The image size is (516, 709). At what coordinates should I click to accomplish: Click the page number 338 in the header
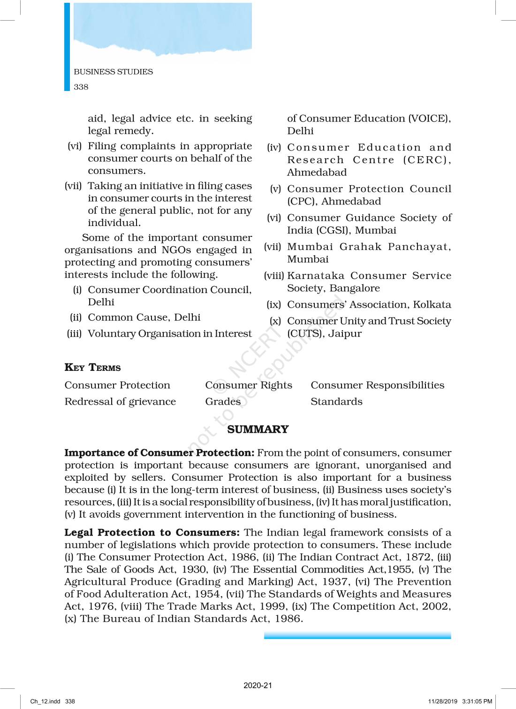tap(81, 87)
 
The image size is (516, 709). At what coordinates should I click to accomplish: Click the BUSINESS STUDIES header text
tap(113, 72)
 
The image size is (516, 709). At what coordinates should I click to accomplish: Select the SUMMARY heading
tap(258, 430)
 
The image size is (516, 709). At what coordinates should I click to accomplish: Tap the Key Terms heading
tap(92, 368)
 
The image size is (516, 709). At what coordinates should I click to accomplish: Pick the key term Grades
tap(223, 402)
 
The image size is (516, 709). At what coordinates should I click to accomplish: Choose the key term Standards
tap(336, 402)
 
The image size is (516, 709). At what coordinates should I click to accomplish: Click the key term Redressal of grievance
tap(120, 402)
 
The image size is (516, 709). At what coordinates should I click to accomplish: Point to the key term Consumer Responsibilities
tap(377, 385)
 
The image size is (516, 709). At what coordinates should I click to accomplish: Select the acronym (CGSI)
tap(333, 230)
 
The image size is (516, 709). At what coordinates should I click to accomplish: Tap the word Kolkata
tap(432, 305)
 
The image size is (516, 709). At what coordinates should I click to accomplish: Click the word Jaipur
tap(345, 334)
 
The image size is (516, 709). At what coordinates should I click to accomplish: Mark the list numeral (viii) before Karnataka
tap(274, 276)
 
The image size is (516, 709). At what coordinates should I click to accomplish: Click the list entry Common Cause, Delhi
tap(144, 317)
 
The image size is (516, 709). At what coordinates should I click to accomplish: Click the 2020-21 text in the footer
tap(258, 686)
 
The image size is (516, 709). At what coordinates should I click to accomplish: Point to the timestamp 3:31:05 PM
tap(477, 701)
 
